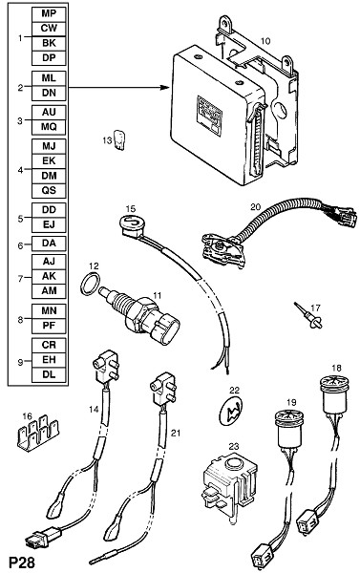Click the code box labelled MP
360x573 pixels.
49,14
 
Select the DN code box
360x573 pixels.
49,94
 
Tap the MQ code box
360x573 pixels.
49,127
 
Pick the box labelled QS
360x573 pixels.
49,190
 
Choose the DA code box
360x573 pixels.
49,244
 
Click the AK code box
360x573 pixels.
49,276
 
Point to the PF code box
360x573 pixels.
49,326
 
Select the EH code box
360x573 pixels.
49,360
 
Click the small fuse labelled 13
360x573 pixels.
119,140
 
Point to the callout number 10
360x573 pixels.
265,41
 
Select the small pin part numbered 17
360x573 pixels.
309,316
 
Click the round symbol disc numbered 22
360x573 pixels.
231,412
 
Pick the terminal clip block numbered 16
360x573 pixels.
38,433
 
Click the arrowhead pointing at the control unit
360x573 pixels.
165,87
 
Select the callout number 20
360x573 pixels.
256,207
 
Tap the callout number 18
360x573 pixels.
336,368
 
